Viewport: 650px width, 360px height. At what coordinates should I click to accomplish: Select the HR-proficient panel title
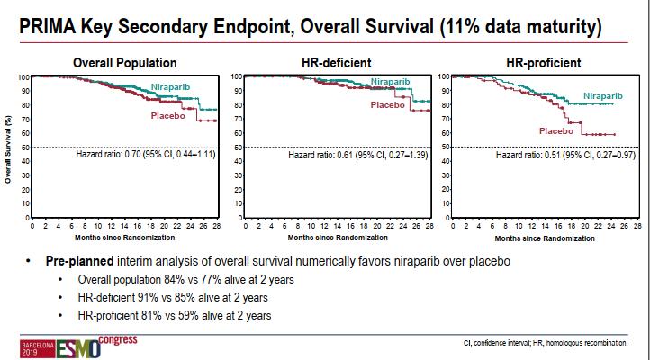540,62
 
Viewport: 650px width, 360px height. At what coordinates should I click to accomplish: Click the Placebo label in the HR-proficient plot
556,131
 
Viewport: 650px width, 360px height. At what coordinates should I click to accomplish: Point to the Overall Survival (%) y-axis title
8,148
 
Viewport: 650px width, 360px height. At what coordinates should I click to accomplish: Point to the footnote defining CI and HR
546,343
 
